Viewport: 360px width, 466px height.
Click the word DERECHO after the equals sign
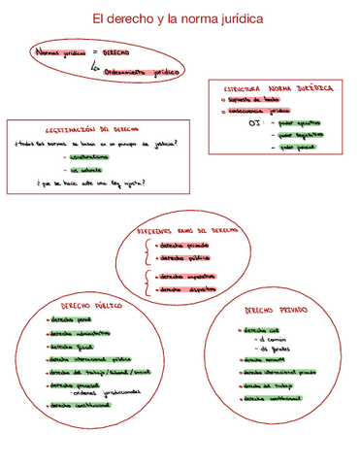(x=116, y=52)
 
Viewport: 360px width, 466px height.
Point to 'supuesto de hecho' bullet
(x=256, y=99)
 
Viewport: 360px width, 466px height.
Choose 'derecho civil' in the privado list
(x=256, y=330)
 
